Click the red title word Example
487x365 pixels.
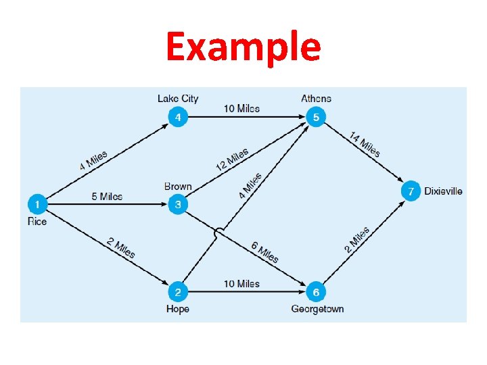[243, 48]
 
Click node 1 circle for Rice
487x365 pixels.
[37, 203]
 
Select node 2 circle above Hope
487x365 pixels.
[178, 292]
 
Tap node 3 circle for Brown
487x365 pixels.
[178, 203]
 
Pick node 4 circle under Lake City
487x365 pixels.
[178, 118]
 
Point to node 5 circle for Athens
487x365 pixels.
[316, 118]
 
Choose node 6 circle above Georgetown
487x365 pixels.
[316, 292]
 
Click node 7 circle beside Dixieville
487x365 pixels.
[410, 191]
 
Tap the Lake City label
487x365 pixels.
[178, 99]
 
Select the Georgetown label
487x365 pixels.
[317, 309]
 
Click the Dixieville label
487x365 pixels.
[444, 191]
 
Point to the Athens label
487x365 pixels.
[316, 99]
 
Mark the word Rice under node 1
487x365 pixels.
[37, 221]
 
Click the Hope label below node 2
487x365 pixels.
[177, 309]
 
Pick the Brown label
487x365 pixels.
[178, 187]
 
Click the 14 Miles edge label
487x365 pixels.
[365, 145]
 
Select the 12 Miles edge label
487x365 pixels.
[232, 160]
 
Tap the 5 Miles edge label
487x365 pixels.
[107, 197]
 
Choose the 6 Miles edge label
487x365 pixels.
[264, 251]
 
